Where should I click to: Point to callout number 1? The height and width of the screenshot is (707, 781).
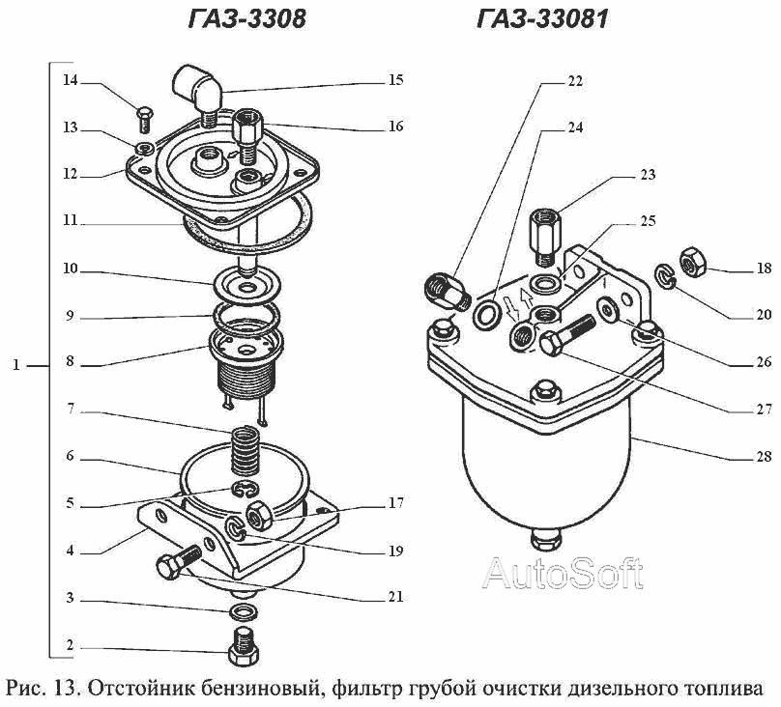point(15,366)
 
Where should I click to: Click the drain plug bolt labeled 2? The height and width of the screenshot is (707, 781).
point(242,645)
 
